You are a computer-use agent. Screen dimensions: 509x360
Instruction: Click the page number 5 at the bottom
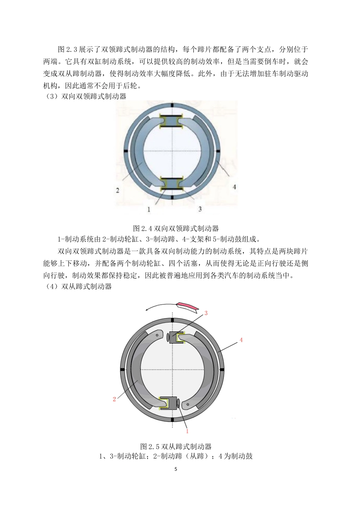(175, 469)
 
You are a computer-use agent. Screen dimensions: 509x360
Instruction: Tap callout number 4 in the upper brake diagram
(234, 187)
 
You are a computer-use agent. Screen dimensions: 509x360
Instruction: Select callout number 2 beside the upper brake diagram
(118, 190)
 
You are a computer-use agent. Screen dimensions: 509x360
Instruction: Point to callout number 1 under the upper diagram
(149, 209)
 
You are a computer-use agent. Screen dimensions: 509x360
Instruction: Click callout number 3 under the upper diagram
(200, 209)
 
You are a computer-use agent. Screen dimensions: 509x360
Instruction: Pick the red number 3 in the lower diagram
(206, 313)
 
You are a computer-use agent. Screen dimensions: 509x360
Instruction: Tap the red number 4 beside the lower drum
(241, 340)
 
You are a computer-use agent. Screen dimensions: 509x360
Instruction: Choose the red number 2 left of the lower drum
(114, 399)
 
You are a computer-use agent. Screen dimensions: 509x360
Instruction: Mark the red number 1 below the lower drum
(187, 431)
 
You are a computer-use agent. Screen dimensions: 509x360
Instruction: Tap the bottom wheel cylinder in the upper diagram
(172, 184)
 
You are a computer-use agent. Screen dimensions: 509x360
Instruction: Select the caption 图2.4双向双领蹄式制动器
(176, 228)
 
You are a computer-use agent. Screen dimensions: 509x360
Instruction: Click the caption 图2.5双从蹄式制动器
(176, 446)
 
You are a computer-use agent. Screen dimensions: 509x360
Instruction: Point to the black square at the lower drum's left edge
(122, 369)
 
